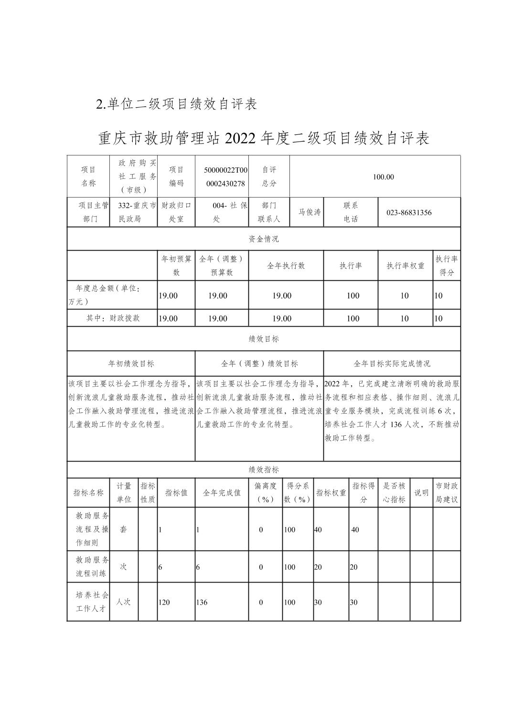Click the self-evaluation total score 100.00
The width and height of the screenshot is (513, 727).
pos(384,177)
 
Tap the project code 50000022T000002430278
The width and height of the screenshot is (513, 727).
pos(226,177)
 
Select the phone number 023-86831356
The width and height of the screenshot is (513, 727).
pos(408,212)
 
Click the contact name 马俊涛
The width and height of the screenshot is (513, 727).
pos(310,212)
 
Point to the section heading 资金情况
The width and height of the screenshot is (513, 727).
pos(264,239)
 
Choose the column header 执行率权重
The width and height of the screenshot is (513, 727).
pos(405,266)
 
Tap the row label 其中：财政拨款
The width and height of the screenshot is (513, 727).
pos(113,318)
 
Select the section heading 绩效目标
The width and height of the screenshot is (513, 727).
pos(264,339)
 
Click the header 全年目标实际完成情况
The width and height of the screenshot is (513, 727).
pos(392,364)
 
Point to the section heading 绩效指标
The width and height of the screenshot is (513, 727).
pos(264,470)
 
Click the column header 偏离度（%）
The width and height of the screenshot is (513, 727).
pos(265,493)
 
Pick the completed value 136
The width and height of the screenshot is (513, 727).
pos(202,603)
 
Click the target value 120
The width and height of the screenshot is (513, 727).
pos(164,603)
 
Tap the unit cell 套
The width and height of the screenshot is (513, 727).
pos(124,529)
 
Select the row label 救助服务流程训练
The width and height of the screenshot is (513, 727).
pos(92,566)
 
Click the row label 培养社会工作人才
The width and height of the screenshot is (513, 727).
pos(92,602)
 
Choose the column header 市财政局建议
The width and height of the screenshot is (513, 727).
pos(447,493)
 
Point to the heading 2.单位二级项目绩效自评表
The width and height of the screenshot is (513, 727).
pos(177,104)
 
